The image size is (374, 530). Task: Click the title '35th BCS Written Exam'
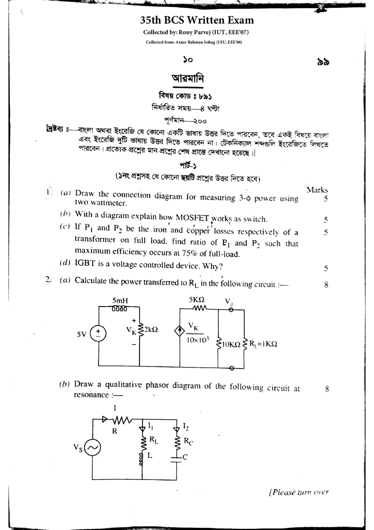[x=197, y=20]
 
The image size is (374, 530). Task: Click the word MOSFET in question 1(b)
[x=192, y=218]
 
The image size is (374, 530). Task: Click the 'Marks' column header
[x=317, y=190]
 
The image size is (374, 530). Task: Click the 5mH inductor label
[x=120, y=301]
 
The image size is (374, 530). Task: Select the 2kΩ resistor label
[x=151, y=330]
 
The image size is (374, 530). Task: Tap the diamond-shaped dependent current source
[x=180, y=331]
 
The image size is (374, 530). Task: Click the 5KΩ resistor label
[x=197, y=300]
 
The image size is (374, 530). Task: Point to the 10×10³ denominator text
[x=198, y=340]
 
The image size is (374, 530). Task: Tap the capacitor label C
[x=185, y=457]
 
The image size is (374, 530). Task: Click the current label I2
[x=186, y=426]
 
